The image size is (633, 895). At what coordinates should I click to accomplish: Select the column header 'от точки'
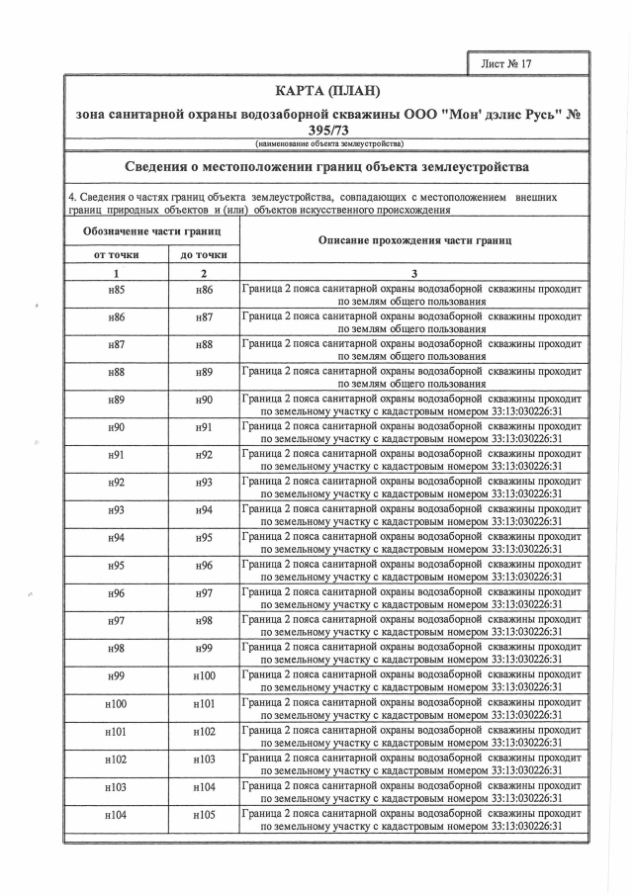click(x=117, y=254)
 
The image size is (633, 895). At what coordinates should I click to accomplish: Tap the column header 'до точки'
click(x=205, y=254)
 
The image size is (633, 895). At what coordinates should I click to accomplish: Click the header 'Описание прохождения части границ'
click(x=413, y=240)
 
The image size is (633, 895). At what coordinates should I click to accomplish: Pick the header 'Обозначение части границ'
click(x=151, y=230)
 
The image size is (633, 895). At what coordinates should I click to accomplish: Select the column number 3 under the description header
click(x=413, y=273)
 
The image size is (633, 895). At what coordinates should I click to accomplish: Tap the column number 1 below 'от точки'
click(x=117, y=273)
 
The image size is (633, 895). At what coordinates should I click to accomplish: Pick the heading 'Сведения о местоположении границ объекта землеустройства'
click(x=326, y=165)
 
